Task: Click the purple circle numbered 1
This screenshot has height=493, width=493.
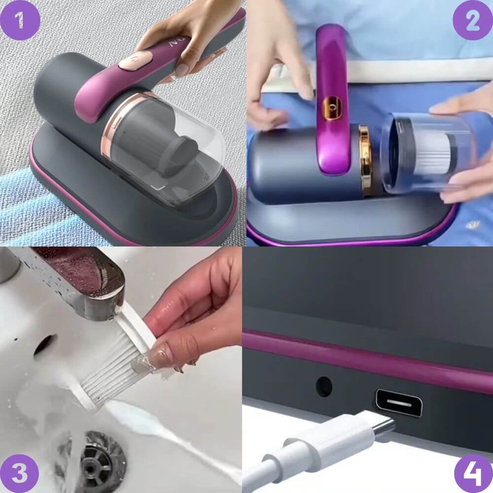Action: click(x=20, y=20)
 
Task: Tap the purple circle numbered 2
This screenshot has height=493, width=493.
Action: click(x=473, y=20)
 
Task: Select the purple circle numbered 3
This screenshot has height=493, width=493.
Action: click(x=20, y=473)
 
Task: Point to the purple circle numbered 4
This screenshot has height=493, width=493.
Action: click(x=473, y=473)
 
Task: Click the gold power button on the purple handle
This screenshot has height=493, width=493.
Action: click(x=332, y=108)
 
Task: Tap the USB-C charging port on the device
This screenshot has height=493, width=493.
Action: click(x=398, y=403)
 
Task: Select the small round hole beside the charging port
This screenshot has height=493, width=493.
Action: click(x=324, y=386)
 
